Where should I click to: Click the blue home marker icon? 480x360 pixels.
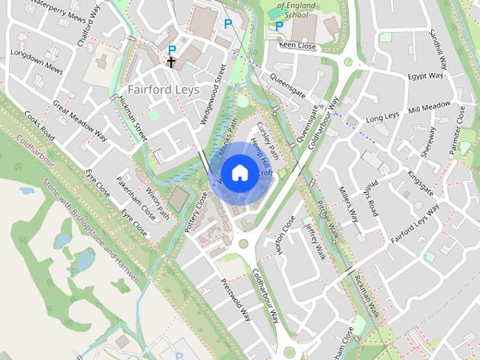point(239,172)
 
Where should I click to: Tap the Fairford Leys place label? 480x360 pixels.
point(163,88)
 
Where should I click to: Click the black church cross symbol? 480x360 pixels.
point(172,61)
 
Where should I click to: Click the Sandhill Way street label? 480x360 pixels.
point(438,48)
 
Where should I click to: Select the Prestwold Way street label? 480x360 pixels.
point(235,300)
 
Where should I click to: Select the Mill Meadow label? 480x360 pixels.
point(429,108)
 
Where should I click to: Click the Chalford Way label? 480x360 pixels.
point(88,29)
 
